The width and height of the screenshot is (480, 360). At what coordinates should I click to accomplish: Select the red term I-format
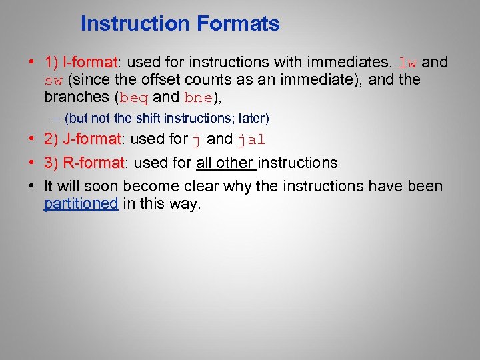(89, 63)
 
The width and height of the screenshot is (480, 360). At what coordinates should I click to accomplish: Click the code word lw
(407, 63)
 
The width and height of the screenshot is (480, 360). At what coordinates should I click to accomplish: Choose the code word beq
(134, 97)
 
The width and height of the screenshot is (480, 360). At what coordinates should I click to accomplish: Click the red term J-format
(91, 140)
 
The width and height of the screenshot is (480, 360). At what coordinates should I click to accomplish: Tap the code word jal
(252, 140)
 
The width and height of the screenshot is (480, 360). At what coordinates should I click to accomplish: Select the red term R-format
(93, 163)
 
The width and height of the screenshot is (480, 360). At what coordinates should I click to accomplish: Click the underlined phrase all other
(225, 163)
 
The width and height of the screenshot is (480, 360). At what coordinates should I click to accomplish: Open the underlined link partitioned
(81, 204)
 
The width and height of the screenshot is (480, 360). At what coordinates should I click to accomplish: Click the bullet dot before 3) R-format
(31, 163)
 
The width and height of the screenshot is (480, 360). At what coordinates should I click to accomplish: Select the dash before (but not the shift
(56, 119)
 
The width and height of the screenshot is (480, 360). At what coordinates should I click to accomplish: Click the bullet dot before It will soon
(31, 186)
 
